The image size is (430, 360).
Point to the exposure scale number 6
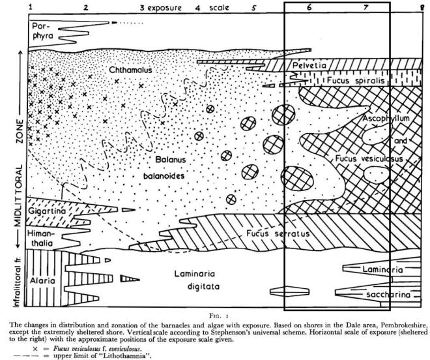(x=309, y=8)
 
